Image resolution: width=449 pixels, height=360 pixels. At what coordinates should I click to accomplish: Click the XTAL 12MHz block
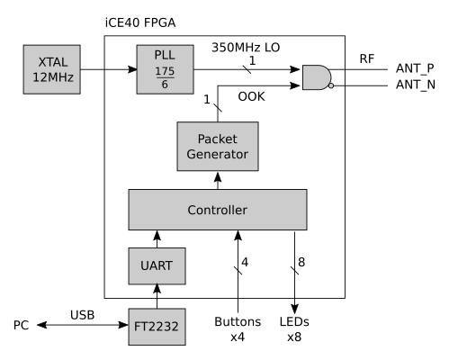coord(52,69)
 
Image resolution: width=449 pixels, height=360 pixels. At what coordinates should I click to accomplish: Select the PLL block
coord(165,69)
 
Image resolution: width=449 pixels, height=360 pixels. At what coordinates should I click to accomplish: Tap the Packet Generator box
coord(218,147)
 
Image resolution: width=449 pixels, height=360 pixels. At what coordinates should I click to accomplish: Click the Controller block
coord(218,210)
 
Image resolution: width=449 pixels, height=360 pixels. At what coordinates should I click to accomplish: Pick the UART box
coord(157,266)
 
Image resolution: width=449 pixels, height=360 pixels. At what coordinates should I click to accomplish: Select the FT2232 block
coord(157,327)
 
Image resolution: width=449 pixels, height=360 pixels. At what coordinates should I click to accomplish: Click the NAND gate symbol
coord(318,77)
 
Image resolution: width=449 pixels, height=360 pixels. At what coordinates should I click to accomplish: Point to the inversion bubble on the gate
coord(331,85)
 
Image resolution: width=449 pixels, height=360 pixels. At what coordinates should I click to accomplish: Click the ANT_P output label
coord(415,68)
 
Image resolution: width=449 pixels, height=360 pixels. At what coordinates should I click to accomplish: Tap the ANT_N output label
coord(416,85)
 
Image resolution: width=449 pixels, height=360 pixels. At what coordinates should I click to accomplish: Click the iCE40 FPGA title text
coord(140,22)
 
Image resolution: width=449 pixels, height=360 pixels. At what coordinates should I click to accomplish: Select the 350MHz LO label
coord(246,48)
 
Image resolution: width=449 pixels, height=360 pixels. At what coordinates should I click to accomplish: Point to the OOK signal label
coord(251,96)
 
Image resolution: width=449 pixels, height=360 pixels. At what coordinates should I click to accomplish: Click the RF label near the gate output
coord(367,58)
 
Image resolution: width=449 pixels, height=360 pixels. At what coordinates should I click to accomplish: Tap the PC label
coord(21,325)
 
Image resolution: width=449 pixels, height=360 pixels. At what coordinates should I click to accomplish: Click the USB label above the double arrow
coord(83,315)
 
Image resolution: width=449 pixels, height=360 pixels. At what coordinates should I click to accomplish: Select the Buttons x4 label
coord(238,329)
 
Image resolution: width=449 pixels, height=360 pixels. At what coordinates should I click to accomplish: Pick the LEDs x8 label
coord(294,329)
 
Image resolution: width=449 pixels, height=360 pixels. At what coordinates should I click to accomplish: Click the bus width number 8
coord(301,262)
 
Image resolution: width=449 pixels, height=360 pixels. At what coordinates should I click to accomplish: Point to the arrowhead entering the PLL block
coord(132,69)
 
